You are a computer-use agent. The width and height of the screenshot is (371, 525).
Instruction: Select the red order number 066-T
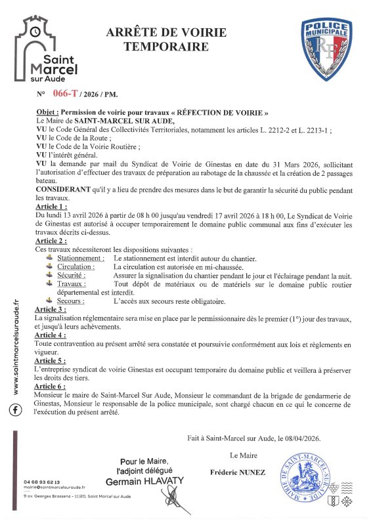pos(68,94)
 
